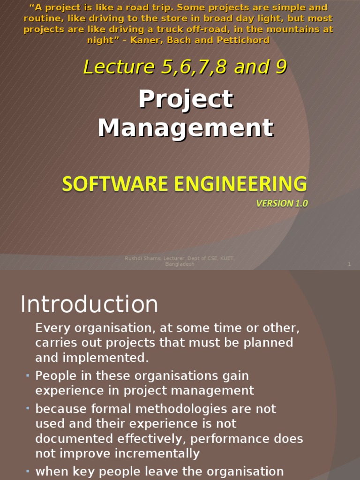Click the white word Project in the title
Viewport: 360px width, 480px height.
click(x=186, y=99)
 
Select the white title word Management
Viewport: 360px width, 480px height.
click(x=186, y=127)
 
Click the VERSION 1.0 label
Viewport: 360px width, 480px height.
click(x=282, y=203)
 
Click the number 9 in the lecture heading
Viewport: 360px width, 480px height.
click(x=281, y=67)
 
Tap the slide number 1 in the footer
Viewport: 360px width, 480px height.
click(x=349, y=264)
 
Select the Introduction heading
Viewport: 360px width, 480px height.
click(x=89, y=305)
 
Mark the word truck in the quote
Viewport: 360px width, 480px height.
click(x=188, y=29)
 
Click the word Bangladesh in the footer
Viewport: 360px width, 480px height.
click(x=180, y=264)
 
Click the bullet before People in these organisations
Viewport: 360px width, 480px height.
click(x=28, y=375)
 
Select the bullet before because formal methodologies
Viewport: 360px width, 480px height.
click(x=28, y=409)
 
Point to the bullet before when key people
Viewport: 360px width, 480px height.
click(x=28, y=471)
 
